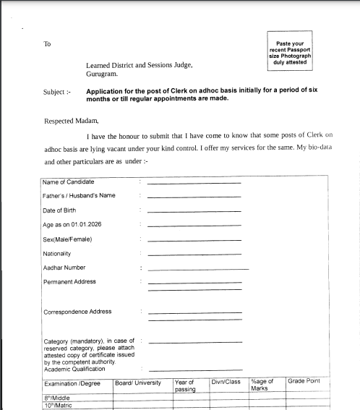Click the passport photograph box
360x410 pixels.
click(x=289, y=51)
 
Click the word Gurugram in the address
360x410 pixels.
click(x=102, y=74)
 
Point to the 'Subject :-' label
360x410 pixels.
click(x=57, y=93)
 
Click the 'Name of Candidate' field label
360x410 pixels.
click(x=68, y=182)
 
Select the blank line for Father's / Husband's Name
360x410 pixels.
click(x=194, y=197)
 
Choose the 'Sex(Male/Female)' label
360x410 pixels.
click(x=67, y=239)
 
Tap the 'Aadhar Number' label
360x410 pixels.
click(x=64, y=268)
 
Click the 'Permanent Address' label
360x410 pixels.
click(x=69, y=282)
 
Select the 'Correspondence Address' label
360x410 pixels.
click(x=77, y=312)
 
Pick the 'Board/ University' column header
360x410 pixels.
click(x=138, y=382)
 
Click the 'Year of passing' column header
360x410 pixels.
click(x=184, y=385)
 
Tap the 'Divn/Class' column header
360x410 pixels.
click(x=226, y=381)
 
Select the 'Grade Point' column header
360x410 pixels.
click(x=304, y=381)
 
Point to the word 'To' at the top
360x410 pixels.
click(x=47, y=44)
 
